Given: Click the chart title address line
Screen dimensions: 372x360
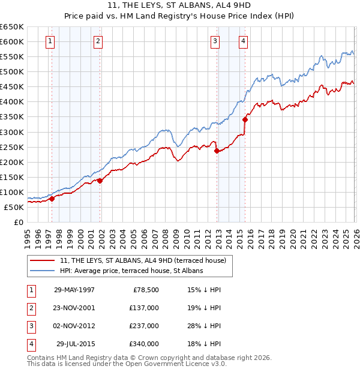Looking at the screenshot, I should [x=179, y=6].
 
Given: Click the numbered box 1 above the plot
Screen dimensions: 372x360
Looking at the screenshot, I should [x=49, y=41].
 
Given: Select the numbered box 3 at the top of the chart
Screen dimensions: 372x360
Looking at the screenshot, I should [x=214, y=41].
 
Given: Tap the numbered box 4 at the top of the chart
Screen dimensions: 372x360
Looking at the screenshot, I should [x=243, y=41].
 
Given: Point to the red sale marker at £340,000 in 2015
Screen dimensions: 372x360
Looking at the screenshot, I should [x=245, y=119].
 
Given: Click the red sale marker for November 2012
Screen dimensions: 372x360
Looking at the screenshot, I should [x=216, y=151].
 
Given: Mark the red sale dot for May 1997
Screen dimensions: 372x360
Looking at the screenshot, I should [x=52, y=199].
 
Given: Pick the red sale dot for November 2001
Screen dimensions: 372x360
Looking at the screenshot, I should [x=100, y=181].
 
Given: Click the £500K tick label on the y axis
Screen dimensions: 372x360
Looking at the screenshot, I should [x=11, y=71].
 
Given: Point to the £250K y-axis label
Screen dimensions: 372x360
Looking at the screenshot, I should [x=11, y=147].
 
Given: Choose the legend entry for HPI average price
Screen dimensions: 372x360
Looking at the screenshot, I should [x=131, y=271].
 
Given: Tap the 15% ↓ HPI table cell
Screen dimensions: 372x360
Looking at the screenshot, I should [x=203, y=289].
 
